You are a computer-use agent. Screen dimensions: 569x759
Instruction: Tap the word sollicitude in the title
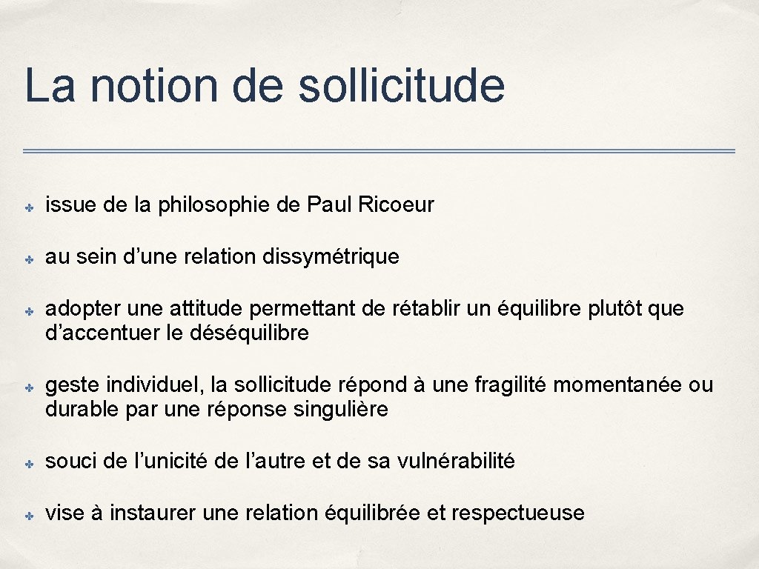[402, 86]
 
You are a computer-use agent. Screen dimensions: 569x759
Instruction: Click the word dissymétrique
[332, 256]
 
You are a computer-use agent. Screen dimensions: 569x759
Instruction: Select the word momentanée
[618, 385]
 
